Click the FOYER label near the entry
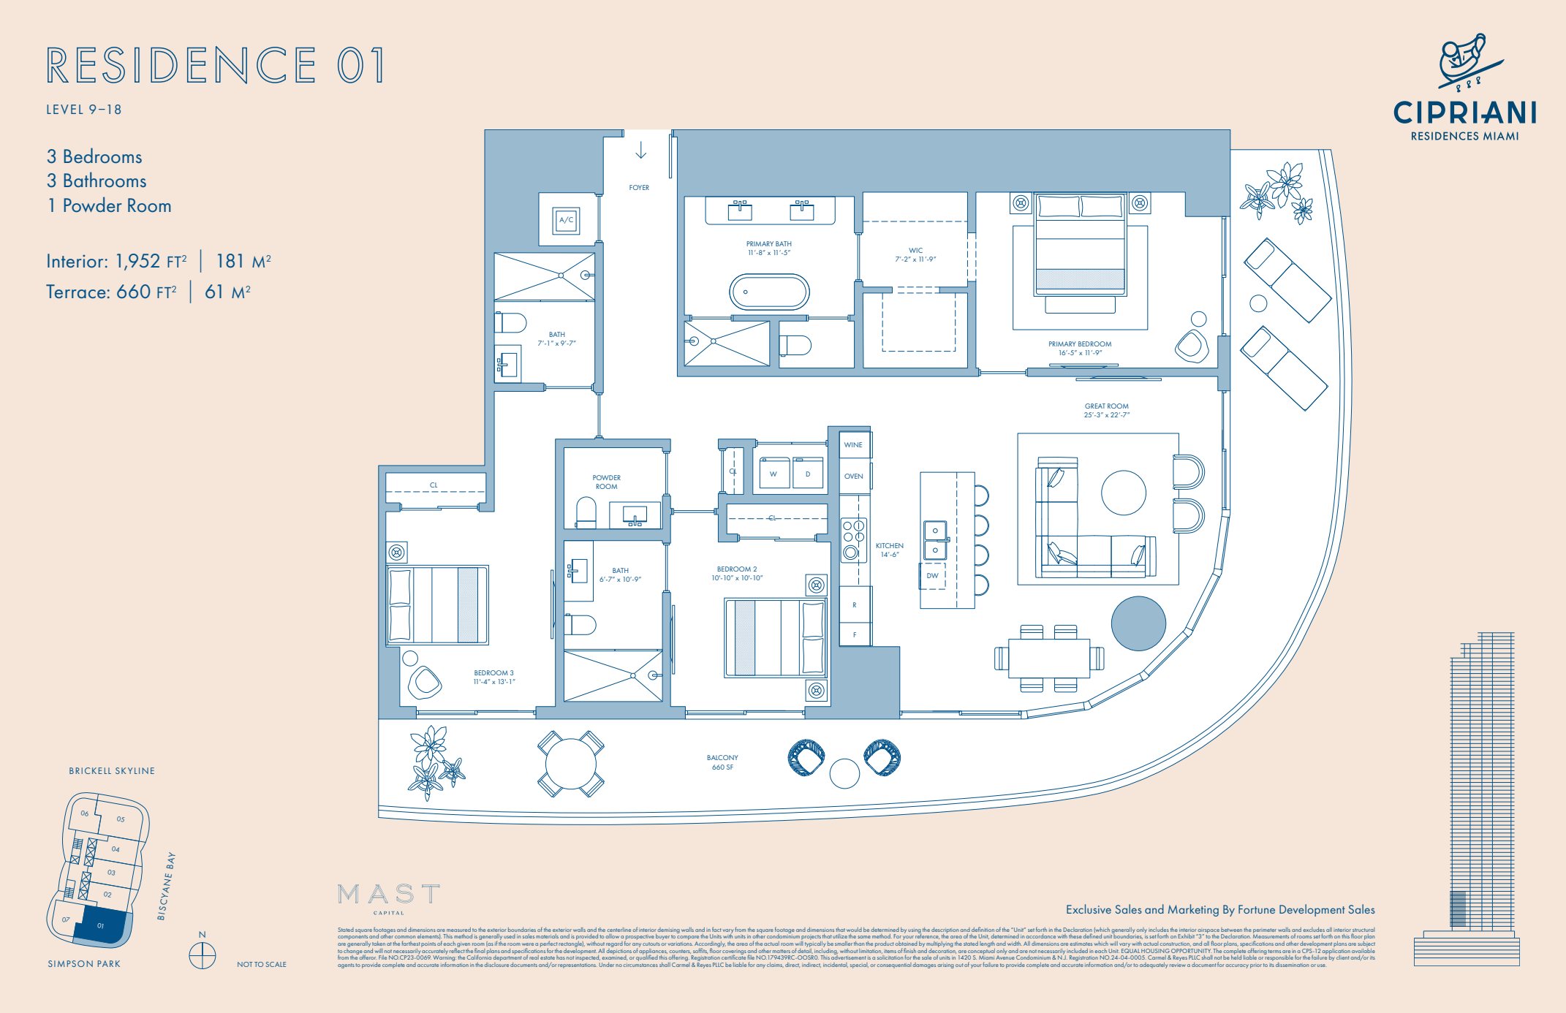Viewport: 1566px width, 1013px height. coord(639,188)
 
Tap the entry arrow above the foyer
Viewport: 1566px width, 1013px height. coord(641,151)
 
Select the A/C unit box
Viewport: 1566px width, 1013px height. coord(567,220)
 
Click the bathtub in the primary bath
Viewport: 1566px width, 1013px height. coord(769,292)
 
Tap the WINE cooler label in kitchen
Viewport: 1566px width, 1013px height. coord(853,444)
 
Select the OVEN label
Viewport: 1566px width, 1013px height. coord(853,477)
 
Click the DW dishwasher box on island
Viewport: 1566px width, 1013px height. coord(932,576)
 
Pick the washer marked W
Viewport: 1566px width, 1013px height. coord(773,474)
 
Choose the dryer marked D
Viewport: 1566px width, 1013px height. coord(808,474)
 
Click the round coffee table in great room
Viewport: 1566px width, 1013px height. coord(1123,493)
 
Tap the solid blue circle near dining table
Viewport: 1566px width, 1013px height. coord(1138,623)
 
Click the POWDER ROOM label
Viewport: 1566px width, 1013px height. coord(606,482)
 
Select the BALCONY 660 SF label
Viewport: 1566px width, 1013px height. coord(722,762)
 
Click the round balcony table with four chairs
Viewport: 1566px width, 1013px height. coord(571,764)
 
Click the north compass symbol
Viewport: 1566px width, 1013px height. coord(203,955)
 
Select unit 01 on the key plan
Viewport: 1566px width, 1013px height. coord(102,925)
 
